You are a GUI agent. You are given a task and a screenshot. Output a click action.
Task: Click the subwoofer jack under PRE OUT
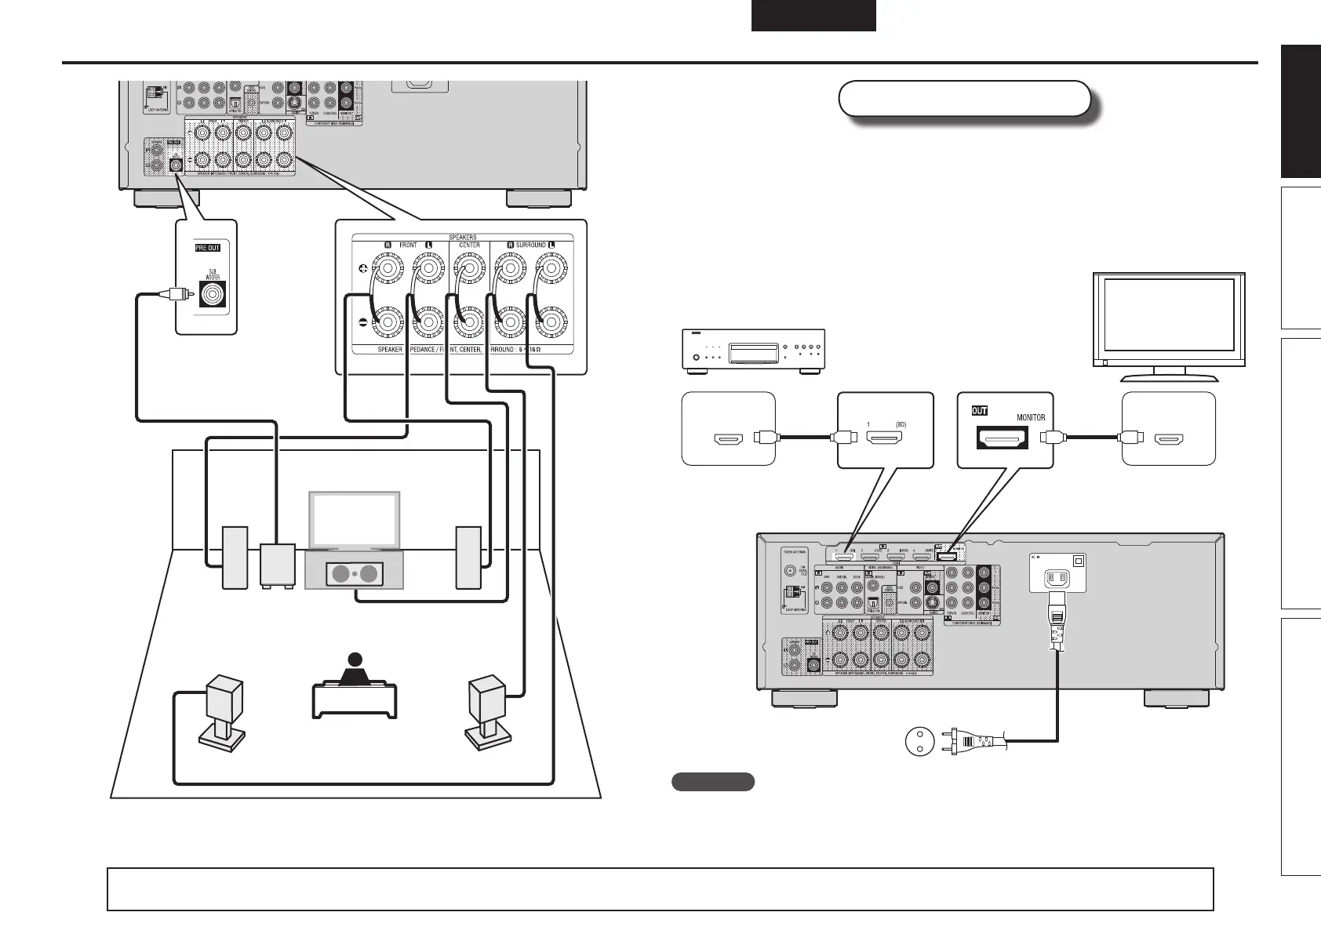pos(213,295)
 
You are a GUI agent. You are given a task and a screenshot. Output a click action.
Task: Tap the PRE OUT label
pos(208,248)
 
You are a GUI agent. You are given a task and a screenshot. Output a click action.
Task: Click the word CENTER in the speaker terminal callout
pos(469,245)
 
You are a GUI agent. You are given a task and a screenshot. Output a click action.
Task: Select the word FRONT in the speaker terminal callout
pos(408,245)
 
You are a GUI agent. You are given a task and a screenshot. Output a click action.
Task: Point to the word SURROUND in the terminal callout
pos(530,245)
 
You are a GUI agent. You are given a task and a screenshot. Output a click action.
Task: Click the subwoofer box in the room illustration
pos(278,565)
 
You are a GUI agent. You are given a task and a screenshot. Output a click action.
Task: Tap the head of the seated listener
pos(355,660)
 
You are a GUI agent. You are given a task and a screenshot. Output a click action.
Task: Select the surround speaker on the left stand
pos(224,699)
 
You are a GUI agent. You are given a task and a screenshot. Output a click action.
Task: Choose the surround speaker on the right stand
pos(487,699)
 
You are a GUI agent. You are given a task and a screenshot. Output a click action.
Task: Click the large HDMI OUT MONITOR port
pos(1001,439)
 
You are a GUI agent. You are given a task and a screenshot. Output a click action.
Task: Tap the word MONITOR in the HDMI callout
pos(1031,418)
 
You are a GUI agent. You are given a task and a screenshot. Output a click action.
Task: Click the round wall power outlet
pos(919,740)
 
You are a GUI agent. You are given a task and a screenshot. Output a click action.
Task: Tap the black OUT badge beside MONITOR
pos(980,410)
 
